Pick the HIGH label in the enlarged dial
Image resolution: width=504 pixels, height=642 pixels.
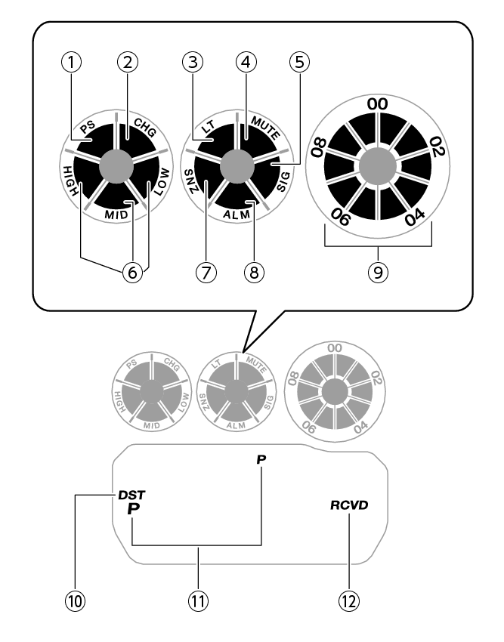[72, 182]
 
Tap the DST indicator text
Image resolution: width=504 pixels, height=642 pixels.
[131, 495]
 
